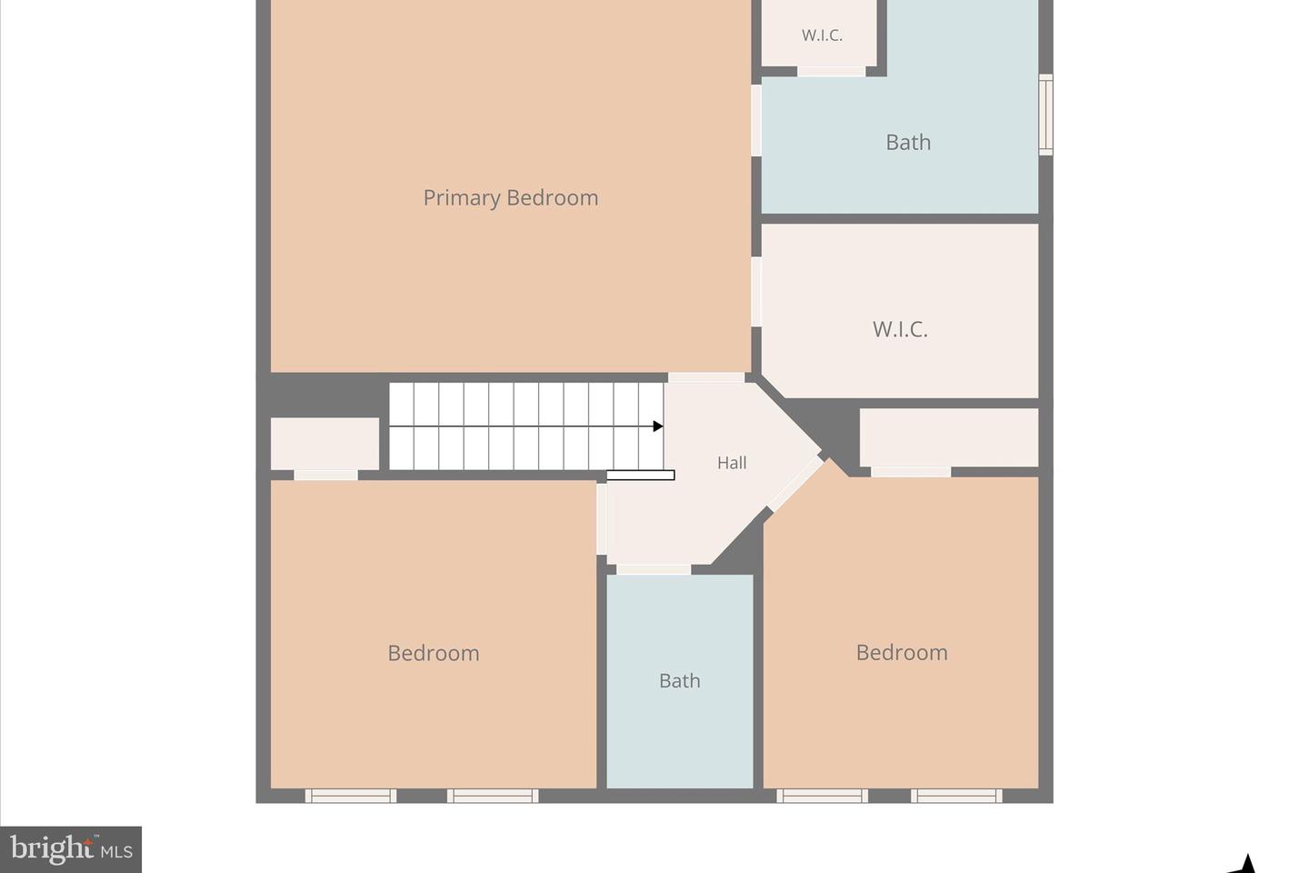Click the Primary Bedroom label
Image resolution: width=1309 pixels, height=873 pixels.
point(510,197)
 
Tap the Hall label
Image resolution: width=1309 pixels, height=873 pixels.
point(732,463)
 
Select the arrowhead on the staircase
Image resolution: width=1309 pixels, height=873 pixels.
point(658,426)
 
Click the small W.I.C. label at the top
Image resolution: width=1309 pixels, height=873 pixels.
point(822,35)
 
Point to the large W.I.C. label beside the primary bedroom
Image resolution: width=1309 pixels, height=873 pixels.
point(900,329)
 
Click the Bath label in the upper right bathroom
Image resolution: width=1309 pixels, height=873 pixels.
point(908,142)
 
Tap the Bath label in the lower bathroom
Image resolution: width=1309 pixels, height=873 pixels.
point(679,680)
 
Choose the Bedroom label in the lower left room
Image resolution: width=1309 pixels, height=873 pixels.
point(433,653)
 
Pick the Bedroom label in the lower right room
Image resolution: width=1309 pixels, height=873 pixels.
point(902,652)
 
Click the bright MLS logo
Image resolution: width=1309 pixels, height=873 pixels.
point(71,849)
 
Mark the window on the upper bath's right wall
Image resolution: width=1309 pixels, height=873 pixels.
point(1046,115)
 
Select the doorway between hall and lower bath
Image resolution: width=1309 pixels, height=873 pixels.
point(654,569)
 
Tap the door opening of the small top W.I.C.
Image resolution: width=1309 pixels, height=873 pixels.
point(831,71)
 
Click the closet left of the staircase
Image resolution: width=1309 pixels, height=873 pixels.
point(325,443)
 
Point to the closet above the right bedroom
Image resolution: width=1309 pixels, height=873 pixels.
point(948,437)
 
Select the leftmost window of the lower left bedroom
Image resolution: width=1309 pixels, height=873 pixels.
point(351,796)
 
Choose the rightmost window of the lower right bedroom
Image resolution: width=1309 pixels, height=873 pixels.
point(956,796)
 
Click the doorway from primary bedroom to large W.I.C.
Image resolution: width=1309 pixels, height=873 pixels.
point(756,291)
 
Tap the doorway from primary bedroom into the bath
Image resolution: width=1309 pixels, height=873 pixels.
point(756,120)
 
